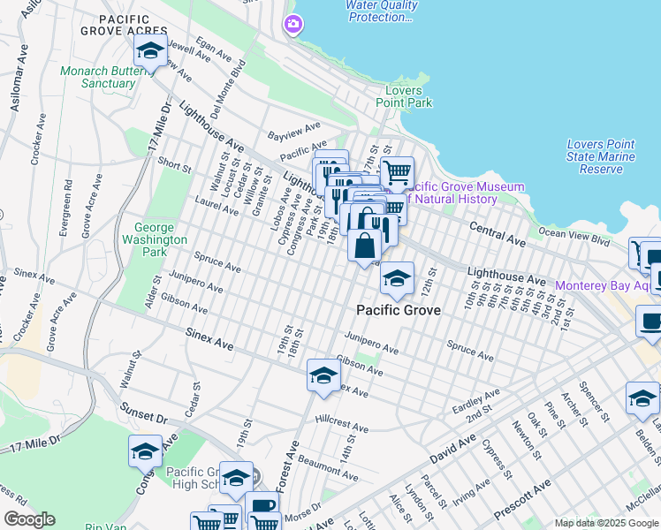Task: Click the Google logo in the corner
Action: (29, 519)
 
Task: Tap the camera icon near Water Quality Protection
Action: (293, 25)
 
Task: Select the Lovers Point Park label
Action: (402, 96)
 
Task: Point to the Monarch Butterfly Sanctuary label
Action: (98, 78)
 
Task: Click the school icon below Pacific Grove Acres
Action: (151, 53)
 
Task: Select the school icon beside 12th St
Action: (398, 279)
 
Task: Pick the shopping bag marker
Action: (364, 246)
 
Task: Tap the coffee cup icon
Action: (652, 322)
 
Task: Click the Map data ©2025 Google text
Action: (605, 523)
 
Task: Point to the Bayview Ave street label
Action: (294, 132)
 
